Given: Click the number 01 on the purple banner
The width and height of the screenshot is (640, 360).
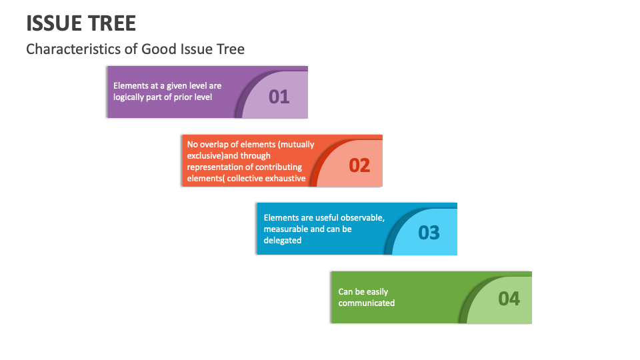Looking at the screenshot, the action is click(x=279, y=97).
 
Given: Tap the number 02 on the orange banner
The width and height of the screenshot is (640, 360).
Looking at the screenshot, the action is click(x=359, y=165).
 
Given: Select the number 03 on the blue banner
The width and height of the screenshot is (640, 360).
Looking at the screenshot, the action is click(x=429, y=233).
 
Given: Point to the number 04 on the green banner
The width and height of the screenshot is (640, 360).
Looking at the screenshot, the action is click(x=509, y=299).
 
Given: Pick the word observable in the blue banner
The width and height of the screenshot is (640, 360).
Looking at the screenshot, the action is click(x=363, y=217).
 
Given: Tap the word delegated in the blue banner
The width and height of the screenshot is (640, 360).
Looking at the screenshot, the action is click(x=283, y=241).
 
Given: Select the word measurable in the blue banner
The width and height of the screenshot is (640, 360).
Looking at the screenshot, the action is click(x=284, y=229).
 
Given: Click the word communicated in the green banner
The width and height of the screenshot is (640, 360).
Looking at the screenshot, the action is click(x=367, y=303).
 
